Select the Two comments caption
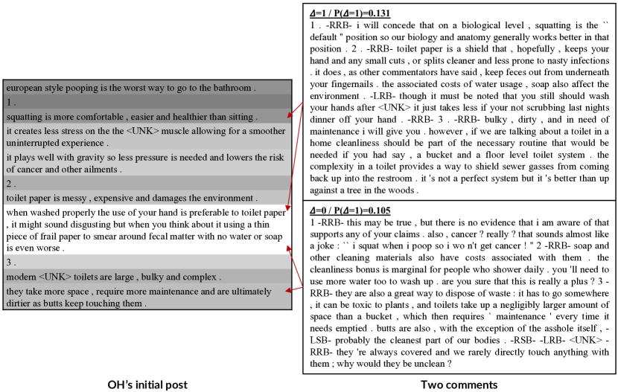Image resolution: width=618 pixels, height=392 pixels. (459, 384)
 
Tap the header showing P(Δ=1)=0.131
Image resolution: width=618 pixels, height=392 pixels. (350, 13)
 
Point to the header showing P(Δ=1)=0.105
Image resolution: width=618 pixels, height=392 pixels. (350, 210)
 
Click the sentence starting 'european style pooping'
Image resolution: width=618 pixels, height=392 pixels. (130, 88)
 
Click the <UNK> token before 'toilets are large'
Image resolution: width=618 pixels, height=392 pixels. (58, 277)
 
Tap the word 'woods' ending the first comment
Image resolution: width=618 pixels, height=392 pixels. (402, 190)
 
